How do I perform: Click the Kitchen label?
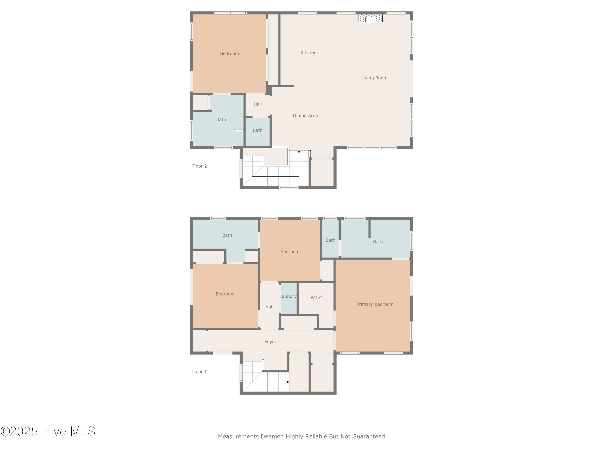coord(308,53)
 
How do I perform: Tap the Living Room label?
coord(374,78)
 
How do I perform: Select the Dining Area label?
coord(305,116)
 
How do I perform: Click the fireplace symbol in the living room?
coord(370,18)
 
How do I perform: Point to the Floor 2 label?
coord(199,166)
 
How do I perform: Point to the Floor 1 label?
coord(199,371)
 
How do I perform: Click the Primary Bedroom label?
coord(375,304)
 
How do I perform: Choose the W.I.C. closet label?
coord(317,298)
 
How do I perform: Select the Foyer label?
coord(270,342)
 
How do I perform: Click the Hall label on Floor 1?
coord(269,307)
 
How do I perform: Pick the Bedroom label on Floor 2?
coord(229,53)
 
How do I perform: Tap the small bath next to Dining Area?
coord(257,130)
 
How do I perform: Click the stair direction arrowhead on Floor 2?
coord(299,151)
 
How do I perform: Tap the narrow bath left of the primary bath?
coord(330,240)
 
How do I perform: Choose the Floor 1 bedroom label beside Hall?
coord(225,294)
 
